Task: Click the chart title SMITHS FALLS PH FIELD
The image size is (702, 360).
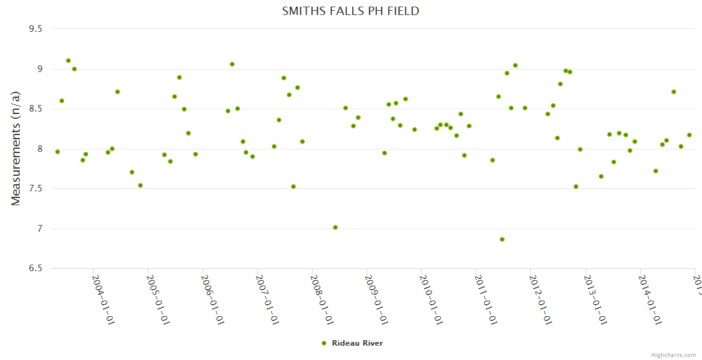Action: (x=350, y=11)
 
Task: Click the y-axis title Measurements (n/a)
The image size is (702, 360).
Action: (x=16, y=148)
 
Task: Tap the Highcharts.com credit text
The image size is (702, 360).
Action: (x=673, y=355)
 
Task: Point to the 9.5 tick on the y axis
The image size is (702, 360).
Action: (x=37, y=29)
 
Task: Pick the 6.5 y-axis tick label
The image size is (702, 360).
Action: (x=37, y=268)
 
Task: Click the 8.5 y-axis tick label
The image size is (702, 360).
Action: (x=37, y=109)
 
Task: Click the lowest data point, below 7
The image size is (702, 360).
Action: (x=502, y=239)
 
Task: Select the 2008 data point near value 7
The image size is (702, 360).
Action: (x=335, y=227)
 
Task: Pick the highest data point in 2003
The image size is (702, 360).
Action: (x=68, y=61)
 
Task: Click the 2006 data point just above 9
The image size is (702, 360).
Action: (x=232, y=64)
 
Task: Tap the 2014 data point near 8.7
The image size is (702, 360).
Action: (x=674, y=92)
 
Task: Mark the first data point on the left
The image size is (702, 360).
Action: (x=58, y=152)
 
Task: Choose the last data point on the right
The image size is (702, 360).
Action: (x=689, y=135)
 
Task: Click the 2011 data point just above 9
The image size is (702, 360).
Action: (x=515, y=65)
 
